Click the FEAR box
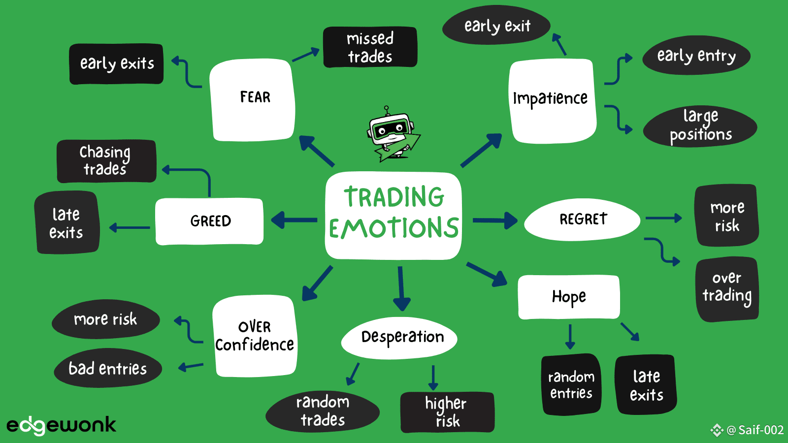pos(252,100)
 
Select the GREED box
pos(209,221)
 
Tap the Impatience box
pos(552,101)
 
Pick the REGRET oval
pos(582,220)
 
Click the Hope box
pos(569,297)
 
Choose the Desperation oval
pos(399,338)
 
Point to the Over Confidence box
pos(255,336)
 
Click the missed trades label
pos(370,47)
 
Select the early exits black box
pos(116,64)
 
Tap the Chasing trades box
pos(106,161)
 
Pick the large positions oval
pos(700,126)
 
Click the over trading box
pos(727,289)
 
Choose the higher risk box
pos(448,412)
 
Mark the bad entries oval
pos(108,368)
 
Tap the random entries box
pos(571,384)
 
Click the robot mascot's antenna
pos(387,110)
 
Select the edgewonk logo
pos(62,425)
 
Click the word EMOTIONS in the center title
pos(394,227)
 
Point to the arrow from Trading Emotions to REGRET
pos(495,221)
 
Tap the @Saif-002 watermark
pos(747,430)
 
